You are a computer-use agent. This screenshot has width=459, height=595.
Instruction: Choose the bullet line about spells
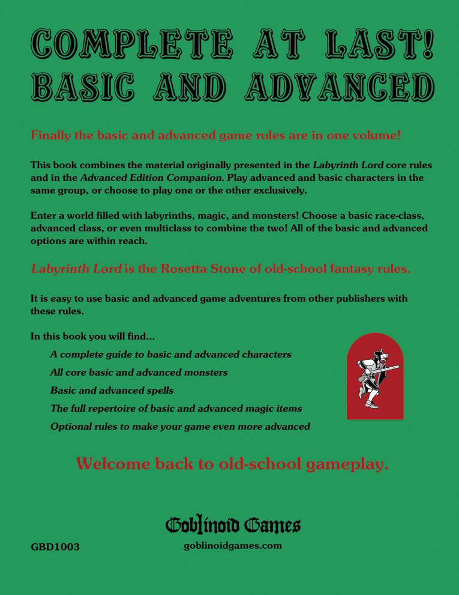[x=112, y=390]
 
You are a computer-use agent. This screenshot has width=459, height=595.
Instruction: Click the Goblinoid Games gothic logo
[x=233, y=526]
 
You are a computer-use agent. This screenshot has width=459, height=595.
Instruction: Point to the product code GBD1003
[x=55, y=547]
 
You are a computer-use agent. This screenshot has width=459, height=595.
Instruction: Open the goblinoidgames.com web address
[x=233, y=546]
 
